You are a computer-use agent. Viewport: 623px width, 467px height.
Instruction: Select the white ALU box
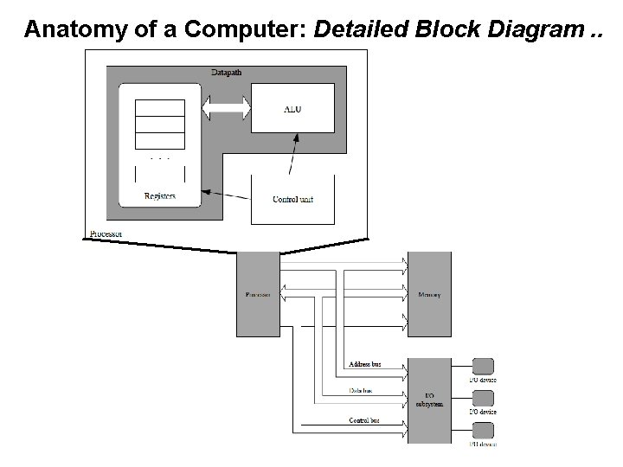tap(292, 109)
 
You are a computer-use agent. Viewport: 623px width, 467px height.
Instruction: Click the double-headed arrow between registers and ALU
tap(226, 109)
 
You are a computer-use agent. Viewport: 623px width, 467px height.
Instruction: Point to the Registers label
tap(159, 196)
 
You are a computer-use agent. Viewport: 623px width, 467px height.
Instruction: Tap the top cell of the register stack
tap(159, 107)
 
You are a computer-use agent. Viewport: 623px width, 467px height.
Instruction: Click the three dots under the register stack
tap(159, 159)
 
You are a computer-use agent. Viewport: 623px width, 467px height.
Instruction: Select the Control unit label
tap(292, 200)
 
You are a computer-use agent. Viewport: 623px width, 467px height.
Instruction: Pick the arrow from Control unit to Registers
tap(225, 192)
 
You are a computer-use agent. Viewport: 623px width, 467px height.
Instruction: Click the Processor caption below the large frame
tap(106, 233)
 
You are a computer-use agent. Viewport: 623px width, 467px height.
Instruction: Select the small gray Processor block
tap(258, 294)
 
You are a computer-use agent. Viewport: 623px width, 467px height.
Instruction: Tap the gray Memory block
tap(429, 294)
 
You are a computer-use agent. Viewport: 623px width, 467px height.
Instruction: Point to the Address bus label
tap(363, 364)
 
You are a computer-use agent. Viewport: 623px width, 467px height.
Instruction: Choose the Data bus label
tap(361, 391)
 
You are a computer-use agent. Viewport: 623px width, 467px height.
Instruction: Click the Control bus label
tap(363, 420)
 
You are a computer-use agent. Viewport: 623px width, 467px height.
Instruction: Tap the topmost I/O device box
tap(483, 366)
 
